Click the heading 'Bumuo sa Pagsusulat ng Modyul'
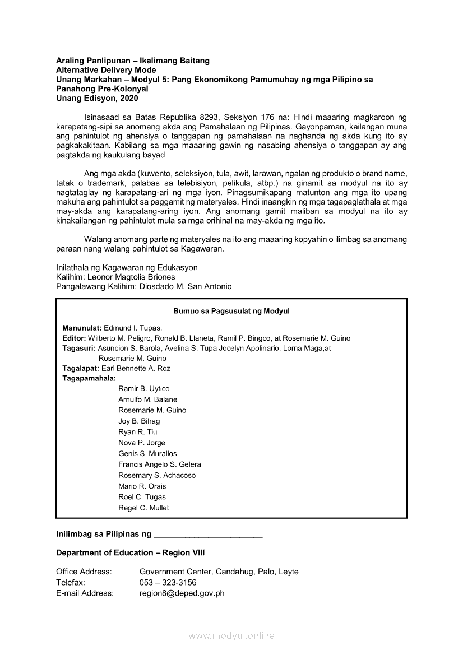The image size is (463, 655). point(231,311)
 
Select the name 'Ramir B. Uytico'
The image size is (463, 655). point(143,389)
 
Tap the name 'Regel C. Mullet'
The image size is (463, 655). point(143,508)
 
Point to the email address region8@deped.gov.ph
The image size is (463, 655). point(182,593)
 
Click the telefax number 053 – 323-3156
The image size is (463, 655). point(168,582)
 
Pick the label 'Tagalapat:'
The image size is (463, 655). point(81,369)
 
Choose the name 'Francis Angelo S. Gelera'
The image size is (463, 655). point(159,464)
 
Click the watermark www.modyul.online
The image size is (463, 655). point(231,635)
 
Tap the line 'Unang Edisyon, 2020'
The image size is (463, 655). point(96,97)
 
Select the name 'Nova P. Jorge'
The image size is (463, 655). point(141,443)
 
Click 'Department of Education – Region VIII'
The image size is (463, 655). point(130,552)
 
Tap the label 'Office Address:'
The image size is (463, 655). point(84,572)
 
